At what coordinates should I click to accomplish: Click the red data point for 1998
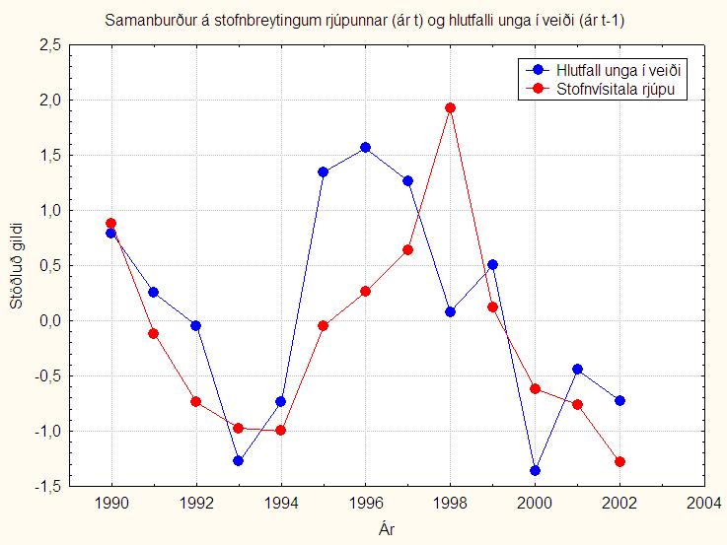click(450, 107)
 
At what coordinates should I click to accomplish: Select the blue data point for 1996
click(365, 147)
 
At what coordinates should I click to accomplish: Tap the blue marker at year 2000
click(535, 470)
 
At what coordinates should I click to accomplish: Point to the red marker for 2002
click(619, 461)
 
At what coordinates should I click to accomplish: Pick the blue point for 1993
click(238, 460)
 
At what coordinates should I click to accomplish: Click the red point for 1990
click(110, 223)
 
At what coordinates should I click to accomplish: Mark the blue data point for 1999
click(492, 264)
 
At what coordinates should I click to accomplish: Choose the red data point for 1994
click(280, 430)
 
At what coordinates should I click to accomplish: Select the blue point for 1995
click(323, 171)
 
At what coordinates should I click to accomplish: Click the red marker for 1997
click(407, 249)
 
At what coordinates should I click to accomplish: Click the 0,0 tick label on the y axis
click(49, 320)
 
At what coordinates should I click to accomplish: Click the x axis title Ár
click(387, 529)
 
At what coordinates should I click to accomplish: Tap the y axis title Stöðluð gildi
click(16, 266)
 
